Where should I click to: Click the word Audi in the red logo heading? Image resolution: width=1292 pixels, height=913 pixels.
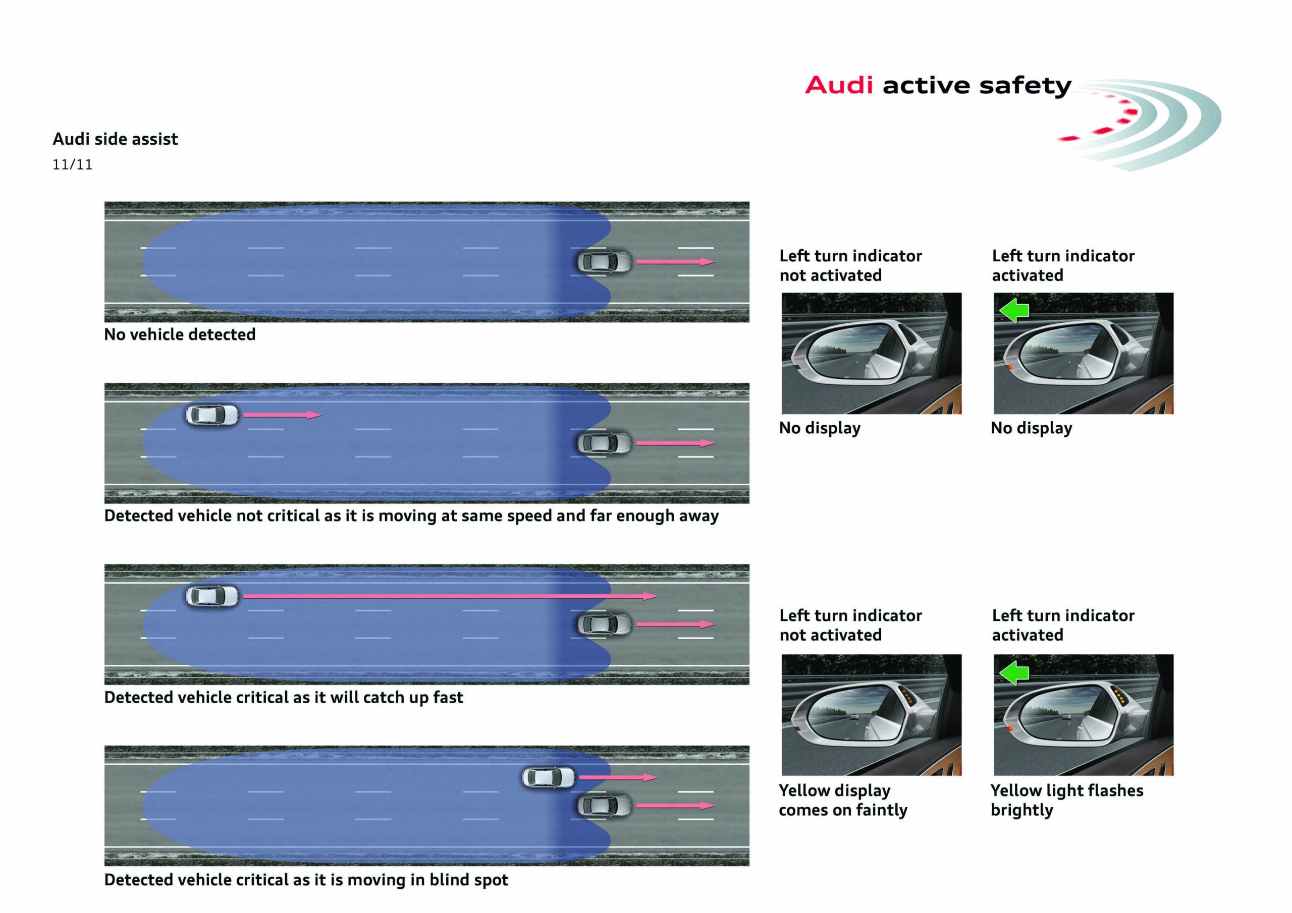coord(838,86)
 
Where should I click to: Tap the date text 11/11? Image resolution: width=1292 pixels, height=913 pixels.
coord(72,165)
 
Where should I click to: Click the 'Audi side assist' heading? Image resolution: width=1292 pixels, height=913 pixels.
coord(116,139)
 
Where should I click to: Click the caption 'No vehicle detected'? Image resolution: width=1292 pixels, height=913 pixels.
coord(180,335)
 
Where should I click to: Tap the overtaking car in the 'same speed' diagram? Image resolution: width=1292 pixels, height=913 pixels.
coord(212,415)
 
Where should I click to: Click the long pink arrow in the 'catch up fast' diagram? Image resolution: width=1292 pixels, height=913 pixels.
coord(450,596)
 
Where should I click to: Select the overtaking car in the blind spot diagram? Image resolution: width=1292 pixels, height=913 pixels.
coord(549,777)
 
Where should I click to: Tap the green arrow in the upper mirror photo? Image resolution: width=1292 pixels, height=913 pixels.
coord(1014,310)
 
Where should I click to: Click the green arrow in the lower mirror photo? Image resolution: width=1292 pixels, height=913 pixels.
coord(1014,672)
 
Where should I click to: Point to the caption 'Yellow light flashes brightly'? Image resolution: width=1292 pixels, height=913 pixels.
coord(1066,800)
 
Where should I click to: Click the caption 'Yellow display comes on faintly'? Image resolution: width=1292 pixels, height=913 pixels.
coord(842,800)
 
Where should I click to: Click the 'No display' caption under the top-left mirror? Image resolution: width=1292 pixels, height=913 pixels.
coord(819,428)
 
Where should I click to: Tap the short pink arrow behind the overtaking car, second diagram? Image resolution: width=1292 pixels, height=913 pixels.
coord(281,415)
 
